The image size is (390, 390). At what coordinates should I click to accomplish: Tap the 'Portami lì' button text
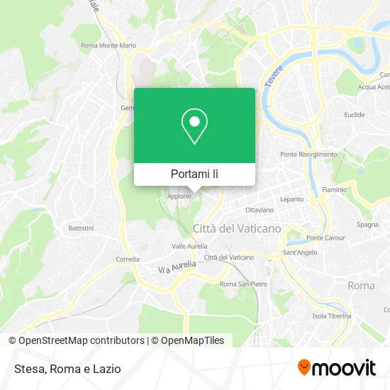point(194,174)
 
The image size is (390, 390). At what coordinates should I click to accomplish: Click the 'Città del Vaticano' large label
point(237,228)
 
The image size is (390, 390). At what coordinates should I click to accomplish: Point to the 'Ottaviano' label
point(258,210)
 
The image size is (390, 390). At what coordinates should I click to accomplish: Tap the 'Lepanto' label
point(291,200)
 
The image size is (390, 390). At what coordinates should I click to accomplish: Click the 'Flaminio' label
point(334,190)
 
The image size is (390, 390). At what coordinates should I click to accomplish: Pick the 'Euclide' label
point(354,114)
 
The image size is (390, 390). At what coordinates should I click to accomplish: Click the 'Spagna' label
point(367,225)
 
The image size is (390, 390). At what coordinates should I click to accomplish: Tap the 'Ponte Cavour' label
point(325,238)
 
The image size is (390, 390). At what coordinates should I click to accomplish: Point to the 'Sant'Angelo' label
point(299,252)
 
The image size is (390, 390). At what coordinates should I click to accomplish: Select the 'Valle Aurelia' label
point(189,246)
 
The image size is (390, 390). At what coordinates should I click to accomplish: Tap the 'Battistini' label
point(80,228)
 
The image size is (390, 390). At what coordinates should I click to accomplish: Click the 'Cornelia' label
point(128,259)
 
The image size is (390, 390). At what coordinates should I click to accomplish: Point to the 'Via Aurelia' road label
point(175,266)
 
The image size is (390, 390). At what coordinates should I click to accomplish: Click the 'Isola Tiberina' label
point(332,316)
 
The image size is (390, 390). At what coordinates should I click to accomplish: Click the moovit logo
point(336,367)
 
